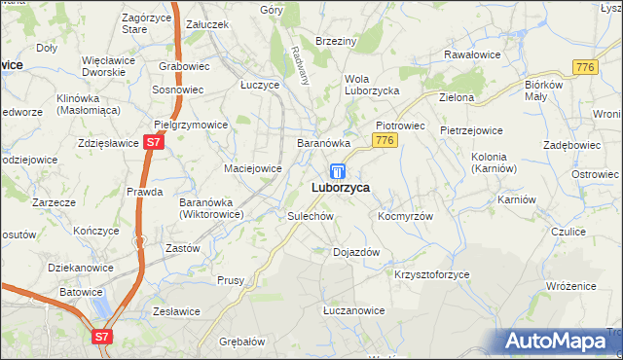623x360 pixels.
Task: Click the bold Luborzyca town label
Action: point(340,188)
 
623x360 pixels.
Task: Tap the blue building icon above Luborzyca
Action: point(337,170)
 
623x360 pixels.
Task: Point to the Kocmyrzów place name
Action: point(405,215)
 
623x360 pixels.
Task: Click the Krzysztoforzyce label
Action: point(431,274)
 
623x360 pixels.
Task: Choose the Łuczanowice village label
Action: point(353,310)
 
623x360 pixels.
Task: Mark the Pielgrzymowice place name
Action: point(191,125)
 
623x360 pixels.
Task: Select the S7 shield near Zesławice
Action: point(103,337)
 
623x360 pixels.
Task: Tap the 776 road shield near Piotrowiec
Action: point(385,142)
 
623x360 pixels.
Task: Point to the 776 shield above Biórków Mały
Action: point(585,66)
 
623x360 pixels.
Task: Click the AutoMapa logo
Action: point(560,341)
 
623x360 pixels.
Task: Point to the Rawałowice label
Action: point(472,54)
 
